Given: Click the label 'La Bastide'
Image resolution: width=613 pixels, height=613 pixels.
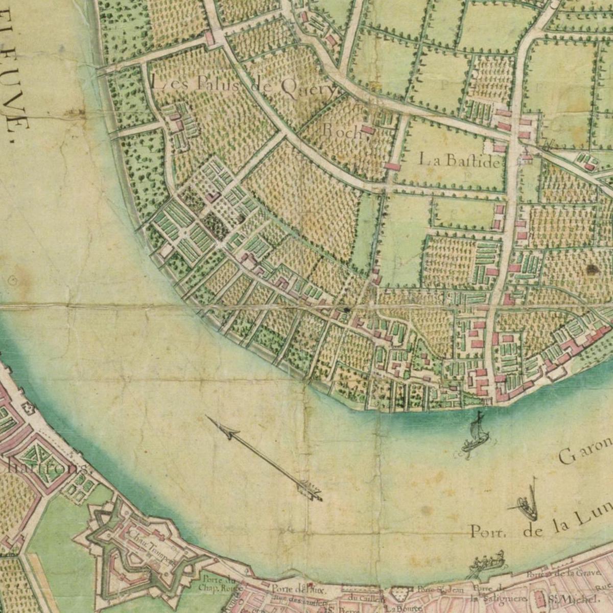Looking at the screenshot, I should pos(459,161).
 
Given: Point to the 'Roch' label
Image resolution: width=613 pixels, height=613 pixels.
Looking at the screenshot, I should pos(341,130).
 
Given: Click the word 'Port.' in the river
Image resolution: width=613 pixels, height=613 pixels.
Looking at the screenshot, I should pos(488,532).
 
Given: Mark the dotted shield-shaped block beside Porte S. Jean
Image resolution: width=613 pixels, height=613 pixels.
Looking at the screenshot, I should pos(402,594).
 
